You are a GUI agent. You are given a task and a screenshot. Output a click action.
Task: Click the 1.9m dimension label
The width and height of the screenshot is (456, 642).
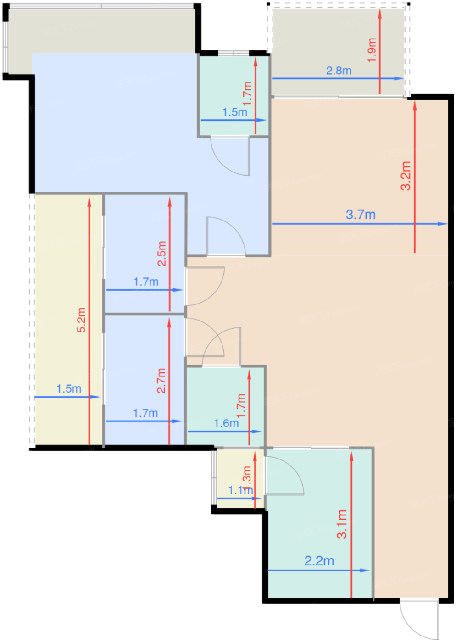click(372, 50)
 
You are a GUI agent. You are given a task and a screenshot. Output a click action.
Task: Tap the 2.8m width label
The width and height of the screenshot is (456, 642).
click(339, 71)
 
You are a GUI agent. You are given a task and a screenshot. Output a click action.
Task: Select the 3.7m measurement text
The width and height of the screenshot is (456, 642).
click(361, 215)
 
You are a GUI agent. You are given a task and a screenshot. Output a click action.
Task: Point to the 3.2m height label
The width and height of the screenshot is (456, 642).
click(406, 176)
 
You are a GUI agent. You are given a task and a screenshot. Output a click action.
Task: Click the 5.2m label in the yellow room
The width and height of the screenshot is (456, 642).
click(81, 320)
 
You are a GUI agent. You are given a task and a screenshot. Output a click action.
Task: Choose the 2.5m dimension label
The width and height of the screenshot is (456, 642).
click(161, 254)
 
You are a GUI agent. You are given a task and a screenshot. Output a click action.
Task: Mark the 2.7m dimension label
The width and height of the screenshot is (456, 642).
click(161, 381)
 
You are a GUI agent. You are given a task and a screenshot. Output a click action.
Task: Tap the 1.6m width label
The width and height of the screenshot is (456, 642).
click(226, 423)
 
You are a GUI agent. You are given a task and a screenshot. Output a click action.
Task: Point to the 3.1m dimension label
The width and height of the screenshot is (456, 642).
click(342, 524)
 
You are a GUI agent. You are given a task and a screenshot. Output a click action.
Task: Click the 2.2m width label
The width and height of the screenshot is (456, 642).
click(319, 561)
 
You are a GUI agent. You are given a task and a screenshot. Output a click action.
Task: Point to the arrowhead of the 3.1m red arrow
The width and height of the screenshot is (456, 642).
click(351, 455)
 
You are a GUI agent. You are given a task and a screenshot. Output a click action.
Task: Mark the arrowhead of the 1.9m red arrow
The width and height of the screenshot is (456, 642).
click(380, 13)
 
